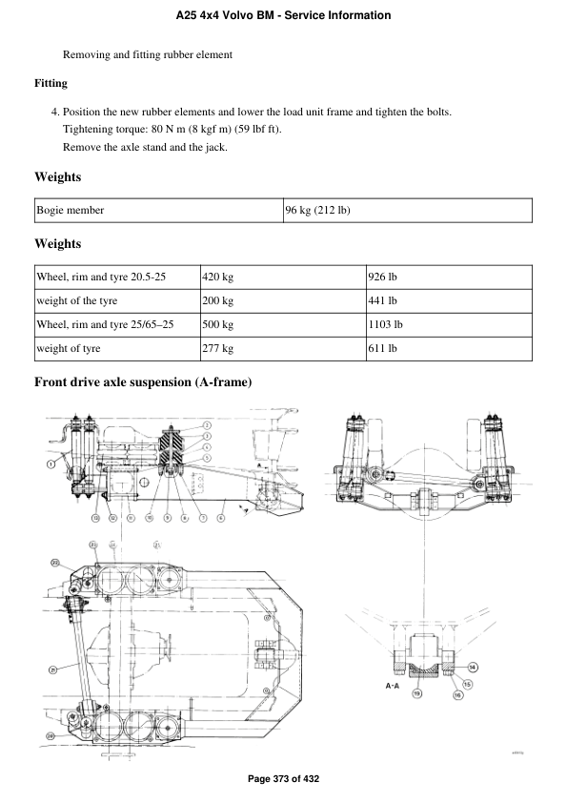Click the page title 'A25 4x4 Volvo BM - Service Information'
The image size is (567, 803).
click(283, 16)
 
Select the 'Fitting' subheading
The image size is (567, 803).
click(51, 83)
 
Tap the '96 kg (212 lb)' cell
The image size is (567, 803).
click(317, 210)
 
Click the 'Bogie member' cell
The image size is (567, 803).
click(70, 210)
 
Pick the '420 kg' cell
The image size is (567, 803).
click(217, 278)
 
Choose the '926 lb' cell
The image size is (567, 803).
click(382, 278)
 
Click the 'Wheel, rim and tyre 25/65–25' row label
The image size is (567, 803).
click(105, 325)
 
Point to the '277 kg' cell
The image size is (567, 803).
click(217, 349)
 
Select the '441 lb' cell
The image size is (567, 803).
click(382, 301)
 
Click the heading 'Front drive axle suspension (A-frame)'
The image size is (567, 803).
click(143, 383)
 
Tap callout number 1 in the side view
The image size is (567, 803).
click(50, 463)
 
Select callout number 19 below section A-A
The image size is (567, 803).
click(416, 694)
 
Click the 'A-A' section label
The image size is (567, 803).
click(392, 685)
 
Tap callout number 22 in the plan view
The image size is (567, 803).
click(54, 564)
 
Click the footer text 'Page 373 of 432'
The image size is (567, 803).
click(283, 779)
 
